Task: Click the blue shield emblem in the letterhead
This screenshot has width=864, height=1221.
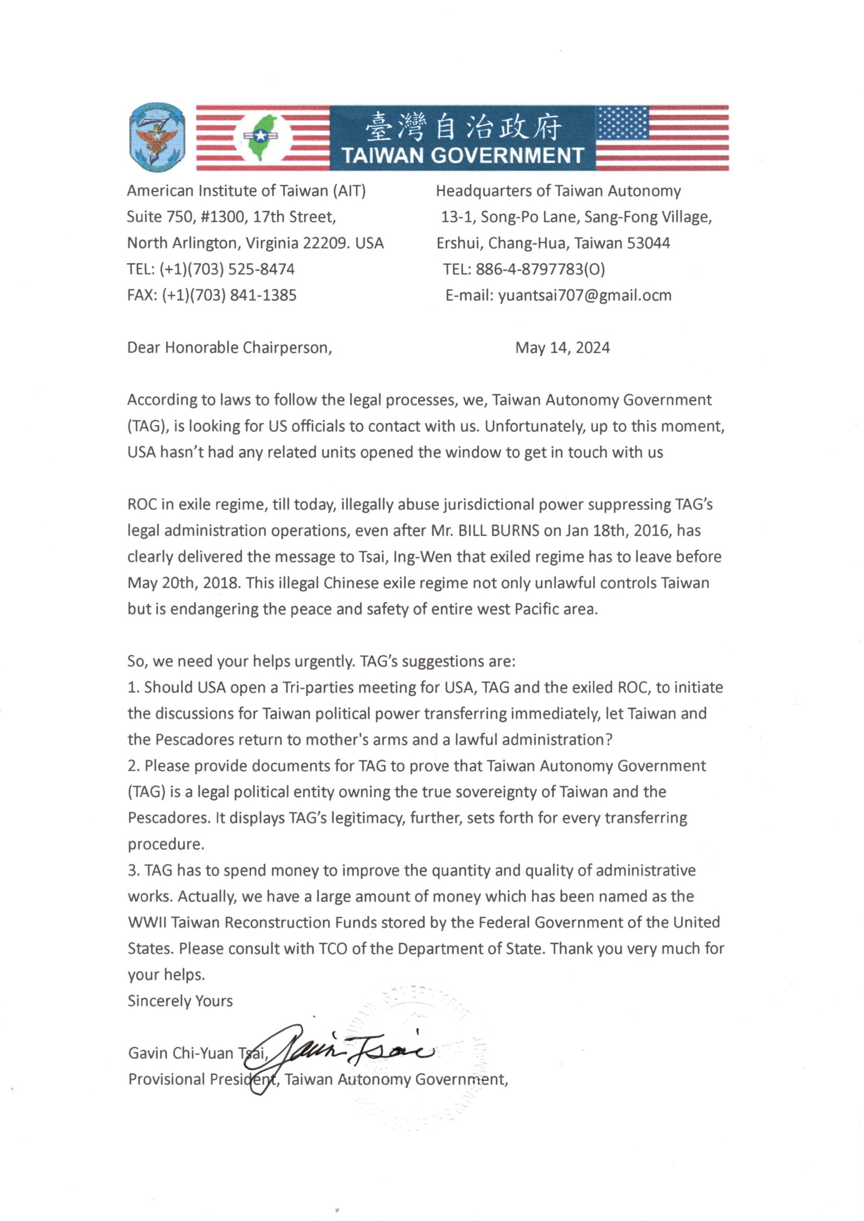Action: (x=157, y=137)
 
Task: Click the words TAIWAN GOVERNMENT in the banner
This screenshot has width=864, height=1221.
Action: (x=462, y=155)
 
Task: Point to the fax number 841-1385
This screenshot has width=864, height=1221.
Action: (x=263, y=295)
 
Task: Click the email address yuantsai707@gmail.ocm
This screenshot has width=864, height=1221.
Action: (x=585, y=295)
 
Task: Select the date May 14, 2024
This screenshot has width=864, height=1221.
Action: (x=563, y=348)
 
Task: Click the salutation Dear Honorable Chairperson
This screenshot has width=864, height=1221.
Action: (x=229, y=348)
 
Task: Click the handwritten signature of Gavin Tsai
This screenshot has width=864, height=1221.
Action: (x=341, y=1051)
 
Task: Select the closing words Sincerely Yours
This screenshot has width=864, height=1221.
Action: (x=180, y=1001)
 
